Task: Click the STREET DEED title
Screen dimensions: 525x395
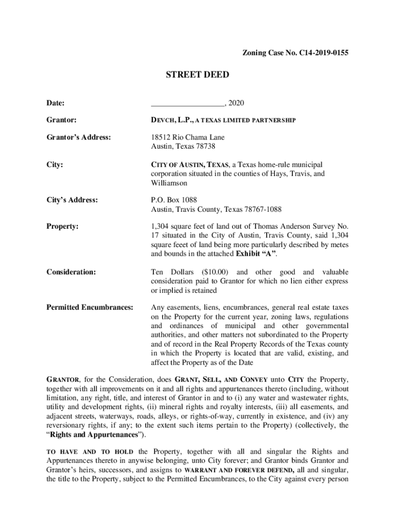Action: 197,75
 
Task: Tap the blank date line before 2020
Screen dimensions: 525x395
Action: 188,104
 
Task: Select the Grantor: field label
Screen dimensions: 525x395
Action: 62,120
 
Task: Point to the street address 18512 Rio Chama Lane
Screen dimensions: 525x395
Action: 187,137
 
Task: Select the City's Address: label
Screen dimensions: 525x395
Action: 72,199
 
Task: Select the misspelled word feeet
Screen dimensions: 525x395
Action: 183,245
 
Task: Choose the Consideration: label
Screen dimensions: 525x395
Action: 71,272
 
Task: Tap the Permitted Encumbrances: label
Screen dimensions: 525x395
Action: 90,307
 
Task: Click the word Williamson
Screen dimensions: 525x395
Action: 169,183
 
